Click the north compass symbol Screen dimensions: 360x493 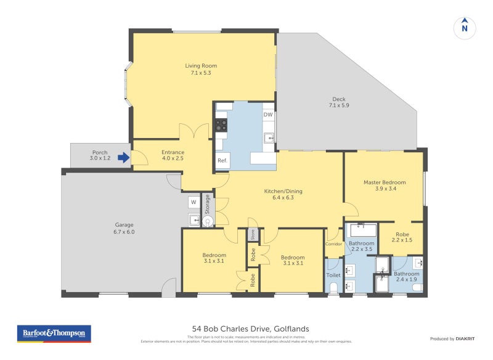pos(465,27)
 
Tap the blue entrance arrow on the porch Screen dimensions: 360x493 pos(124,158)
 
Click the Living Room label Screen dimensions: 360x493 pos(201,69)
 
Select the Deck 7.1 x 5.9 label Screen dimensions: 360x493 pos(339,102)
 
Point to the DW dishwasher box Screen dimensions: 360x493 pos(268,115)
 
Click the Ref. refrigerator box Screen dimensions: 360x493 pos(222,161)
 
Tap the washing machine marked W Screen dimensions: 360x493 pos(193,202)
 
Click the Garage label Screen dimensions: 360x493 pos(124,228)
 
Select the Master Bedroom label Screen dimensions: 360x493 pos(385,186)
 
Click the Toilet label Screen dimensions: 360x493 pos(333,276)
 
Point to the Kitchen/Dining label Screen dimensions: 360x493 pos(283,194)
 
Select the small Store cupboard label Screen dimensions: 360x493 pos(252,235)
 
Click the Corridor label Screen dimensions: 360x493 pos(333,244)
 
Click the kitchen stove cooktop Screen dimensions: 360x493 pos(221,126)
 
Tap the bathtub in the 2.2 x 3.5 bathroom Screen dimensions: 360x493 pos(362,231)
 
